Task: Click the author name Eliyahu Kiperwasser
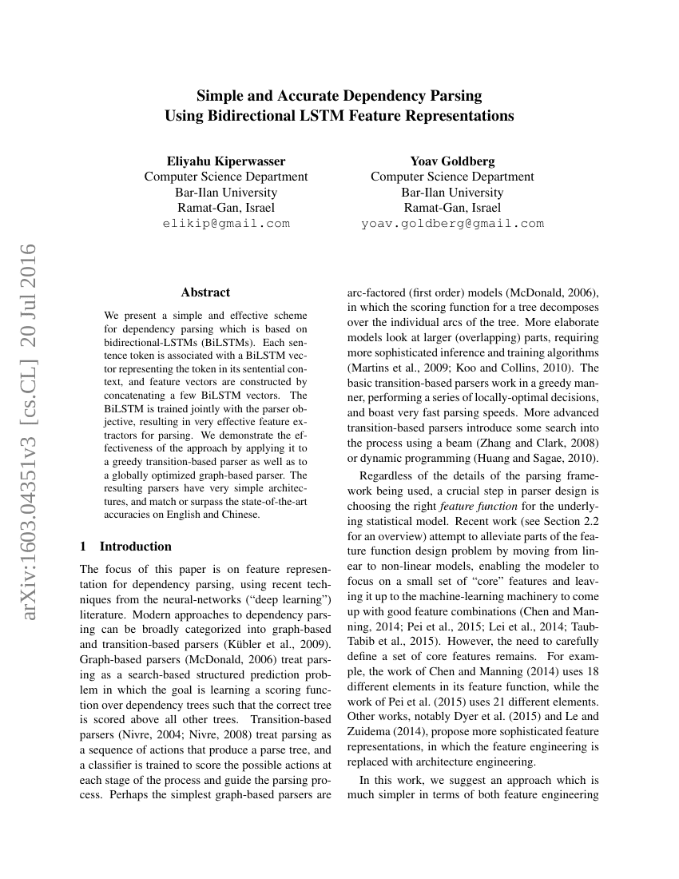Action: (x=226, y=161)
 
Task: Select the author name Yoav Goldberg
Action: (x=452, y=161)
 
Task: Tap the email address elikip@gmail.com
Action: (x=226, y=224)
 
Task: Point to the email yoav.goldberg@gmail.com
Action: (x=452, y=224)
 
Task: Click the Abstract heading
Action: (x=205, y=292)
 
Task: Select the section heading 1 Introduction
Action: (x=126, y=547)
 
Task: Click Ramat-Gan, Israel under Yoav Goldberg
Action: (x=452, y=208)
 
